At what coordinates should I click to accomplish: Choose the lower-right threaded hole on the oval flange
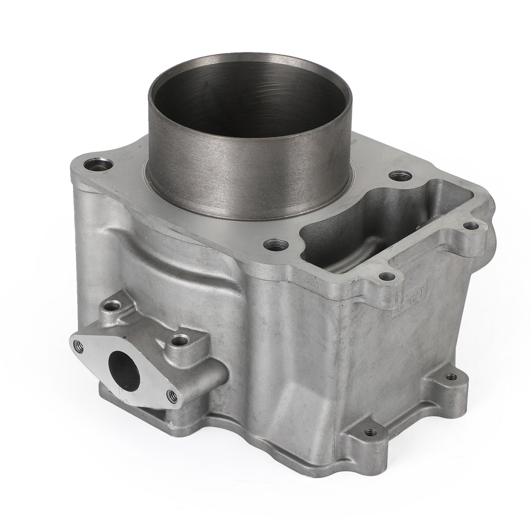(x=173, y=394)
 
